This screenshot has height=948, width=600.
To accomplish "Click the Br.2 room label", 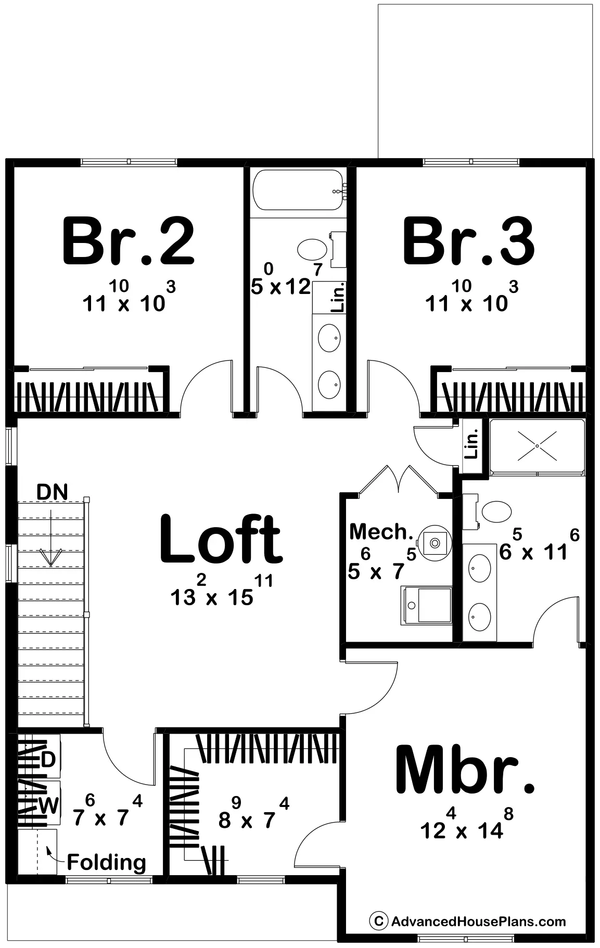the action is point(128,242).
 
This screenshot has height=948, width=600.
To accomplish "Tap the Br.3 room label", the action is point(469,242).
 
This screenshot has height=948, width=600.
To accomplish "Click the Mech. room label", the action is point(381,532).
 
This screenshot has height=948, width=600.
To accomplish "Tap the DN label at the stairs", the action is point(52,492).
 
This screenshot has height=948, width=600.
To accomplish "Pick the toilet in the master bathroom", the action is point(488,511).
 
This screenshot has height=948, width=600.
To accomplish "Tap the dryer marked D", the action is point(47,760).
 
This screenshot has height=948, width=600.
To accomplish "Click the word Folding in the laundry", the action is point(107,863).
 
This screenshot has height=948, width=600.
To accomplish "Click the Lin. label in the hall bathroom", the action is point(338,297).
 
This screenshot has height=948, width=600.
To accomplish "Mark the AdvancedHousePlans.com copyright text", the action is point(467,921).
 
